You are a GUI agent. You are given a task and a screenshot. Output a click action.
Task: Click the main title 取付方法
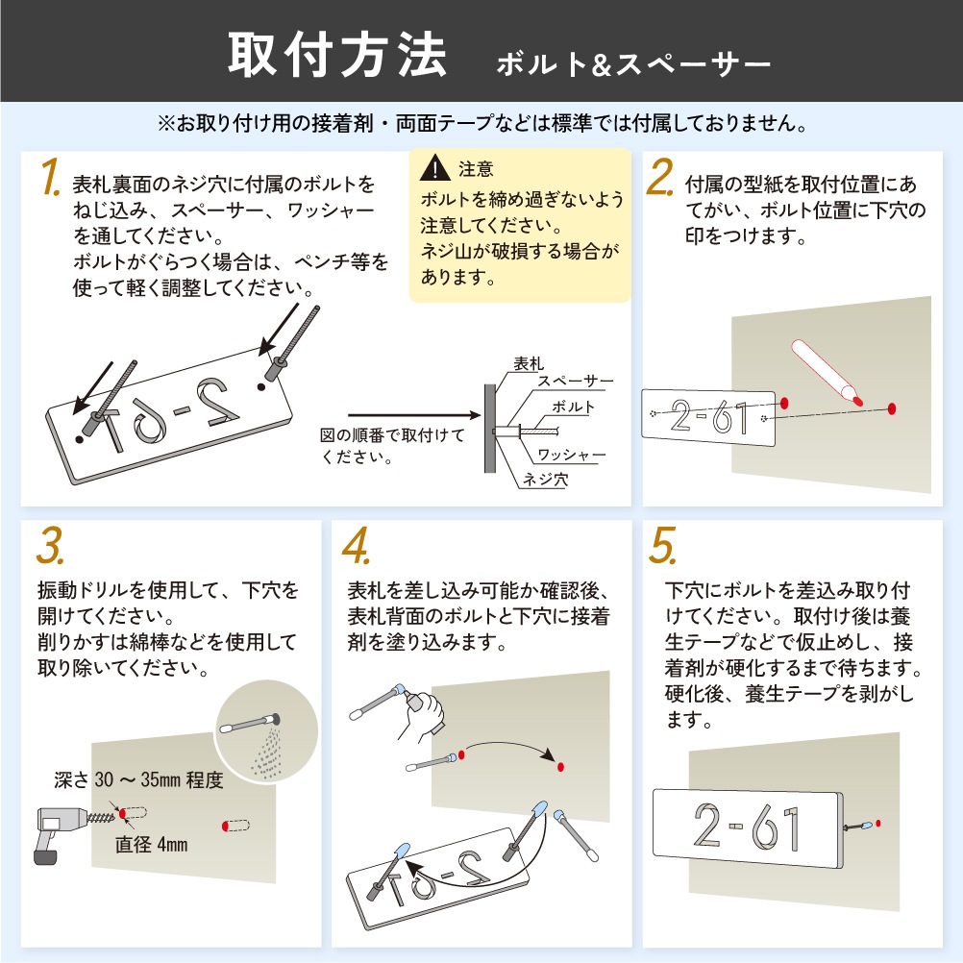pyautogui.click(x=337, y=56)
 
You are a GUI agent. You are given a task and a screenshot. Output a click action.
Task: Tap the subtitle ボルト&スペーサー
pyautogui.click(x=633, y=64)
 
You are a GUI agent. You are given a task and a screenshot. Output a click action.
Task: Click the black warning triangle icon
pyautogui.click(x=434, y=167)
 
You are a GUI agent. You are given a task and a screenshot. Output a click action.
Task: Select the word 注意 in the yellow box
pyautogui.click(x=476, y=169)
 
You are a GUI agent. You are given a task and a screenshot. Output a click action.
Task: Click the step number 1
pyautogui.click(x=50, y=177)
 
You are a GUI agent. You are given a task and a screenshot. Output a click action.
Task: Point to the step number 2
pyautogui.click(x=660, y=177)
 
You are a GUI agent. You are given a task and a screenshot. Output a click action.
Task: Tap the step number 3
pyautogui.click(x=50, y=545)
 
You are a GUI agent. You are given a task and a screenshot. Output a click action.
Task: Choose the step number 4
pyautogui.click(x=357, y=545)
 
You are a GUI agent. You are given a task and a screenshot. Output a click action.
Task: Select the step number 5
pyautogui.click(x=663, y=545)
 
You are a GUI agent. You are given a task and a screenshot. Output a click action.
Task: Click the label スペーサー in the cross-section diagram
pyautogui.click(x=576, y=381)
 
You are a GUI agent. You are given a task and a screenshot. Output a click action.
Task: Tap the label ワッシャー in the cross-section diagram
pyautogui.click(x=571, y=455)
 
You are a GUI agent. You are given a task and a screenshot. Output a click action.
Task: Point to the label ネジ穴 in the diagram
pyautogui.click(x=545, y=479)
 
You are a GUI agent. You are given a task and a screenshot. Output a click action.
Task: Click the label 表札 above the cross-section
pyautogui.click(x=529, y=363)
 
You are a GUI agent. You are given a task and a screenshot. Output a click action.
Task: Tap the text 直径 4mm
pyautogui.click(x=151, y=845)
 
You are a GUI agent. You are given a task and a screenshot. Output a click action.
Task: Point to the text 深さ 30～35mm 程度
pyautogui.click(x=138, y=780)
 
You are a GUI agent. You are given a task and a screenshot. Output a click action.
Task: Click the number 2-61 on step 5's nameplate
pyautogui.click(x=747, y=827)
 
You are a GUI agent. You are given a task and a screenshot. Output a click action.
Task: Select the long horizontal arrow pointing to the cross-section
pyautogui.click(x=414, y=416)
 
